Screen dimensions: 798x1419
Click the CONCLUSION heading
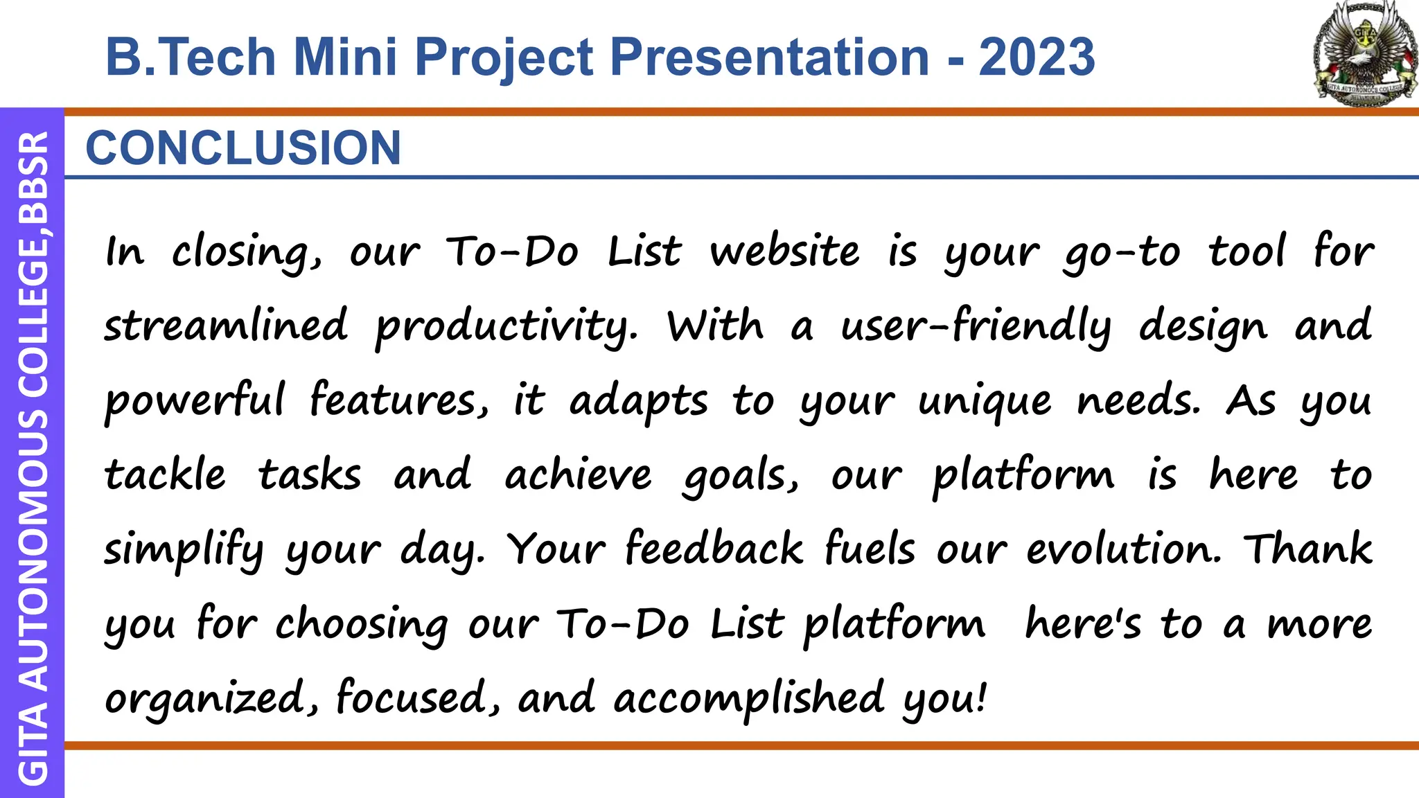243,148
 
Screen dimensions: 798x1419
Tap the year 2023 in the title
1037,57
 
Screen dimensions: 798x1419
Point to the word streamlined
225,326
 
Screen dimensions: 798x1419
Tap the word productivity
506,327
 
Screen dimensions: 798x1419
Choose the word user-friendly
976,326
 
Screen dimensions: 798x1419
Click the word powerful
194,401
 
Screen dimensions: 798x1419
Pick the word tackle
165,475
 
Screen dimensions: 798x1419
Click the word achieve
578,475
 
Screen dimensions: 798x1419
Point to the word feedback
714,549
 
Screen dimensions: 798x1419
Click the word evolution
1122,549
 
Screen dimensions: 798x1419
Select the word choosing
362,625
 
